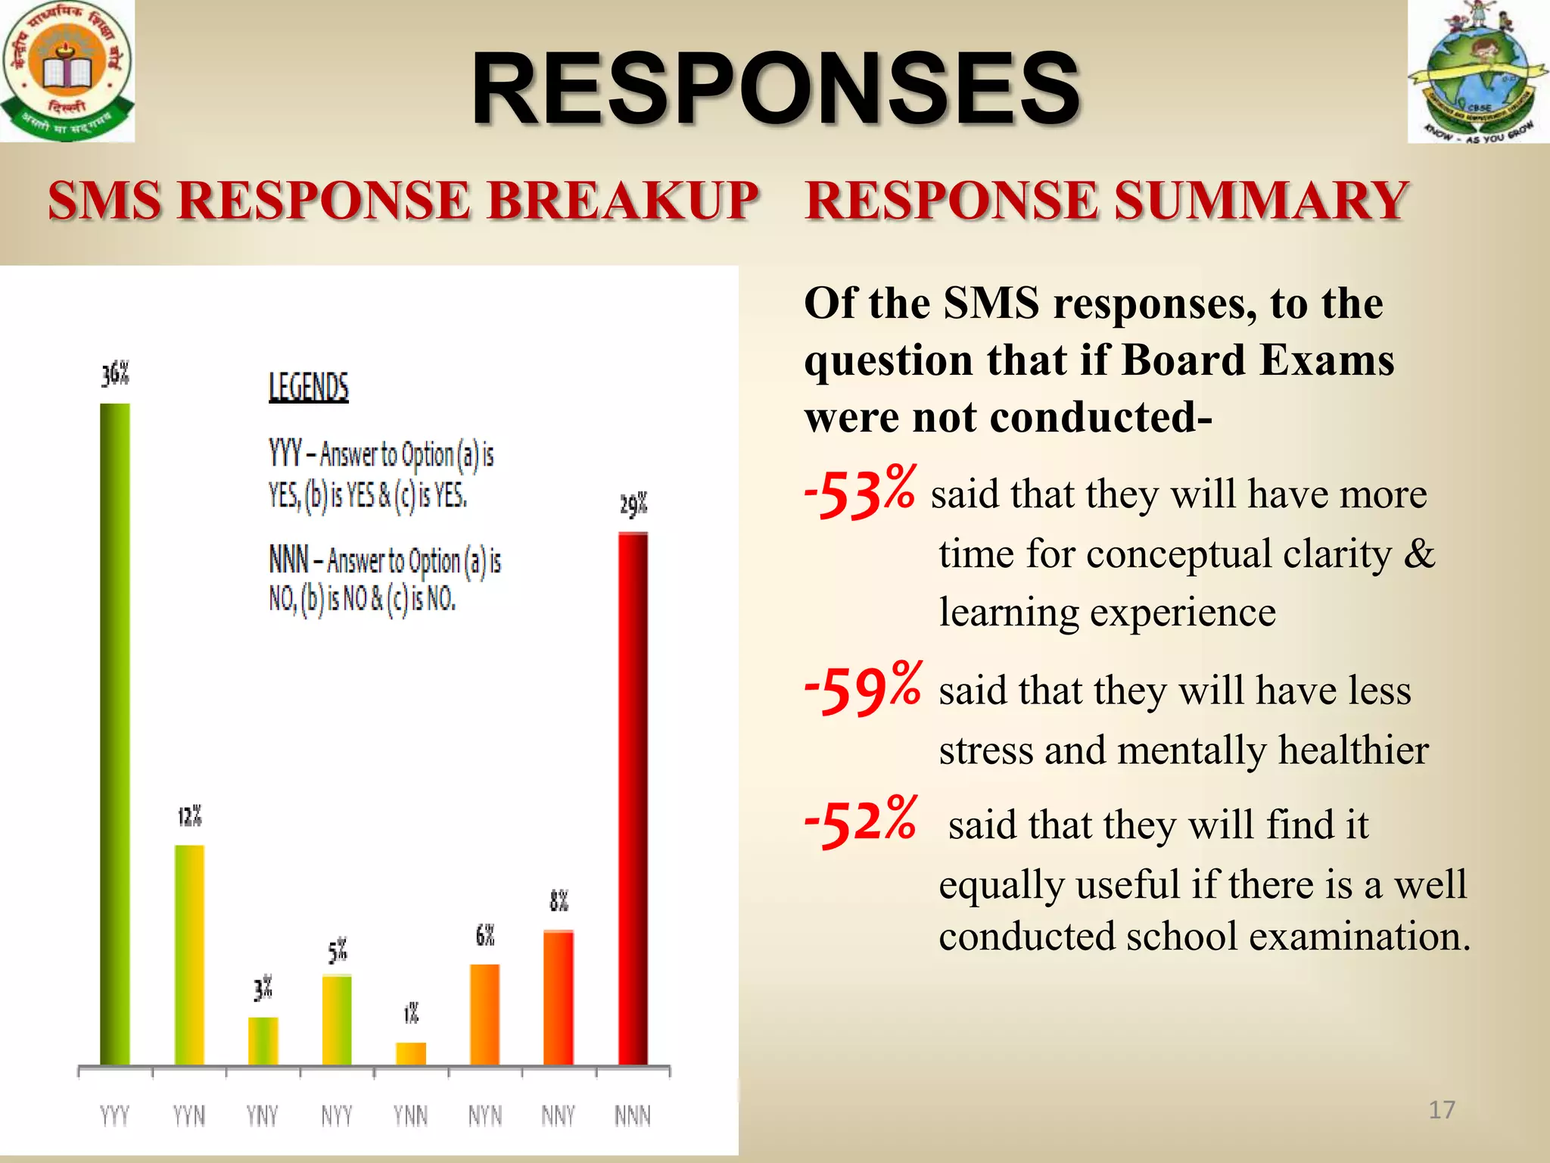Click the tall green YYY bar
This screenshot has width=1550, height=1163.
point(115,734)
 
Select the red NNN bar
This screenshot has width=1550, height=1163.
point(633,799)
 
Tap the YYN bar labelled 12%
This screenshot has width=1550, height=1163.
point(189,955)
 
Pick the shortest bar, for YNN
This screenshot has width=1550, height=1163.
point(411,1053)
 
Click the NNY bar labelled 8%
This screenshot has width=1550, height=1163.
point(559,997)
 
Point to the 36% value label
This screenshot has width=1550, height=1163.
point(116,374)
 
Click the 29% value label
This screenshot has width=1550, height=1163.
point(633,505)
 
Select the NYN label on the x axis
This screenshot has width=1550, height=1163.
point(485,1115)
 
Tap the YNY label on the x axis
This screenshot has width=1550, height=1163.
point(262,1115)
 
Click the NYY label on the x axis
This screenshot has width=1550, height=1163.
point(336,1115)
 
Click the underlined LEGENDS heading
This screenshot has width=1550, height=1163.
point(309,387)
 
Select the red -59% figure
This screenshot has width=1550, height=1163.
point(863,688)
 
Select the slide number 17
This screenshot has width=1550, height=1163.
point(1441,1110)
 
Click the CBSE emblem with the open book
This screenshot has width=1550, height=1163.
point(67,70)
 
